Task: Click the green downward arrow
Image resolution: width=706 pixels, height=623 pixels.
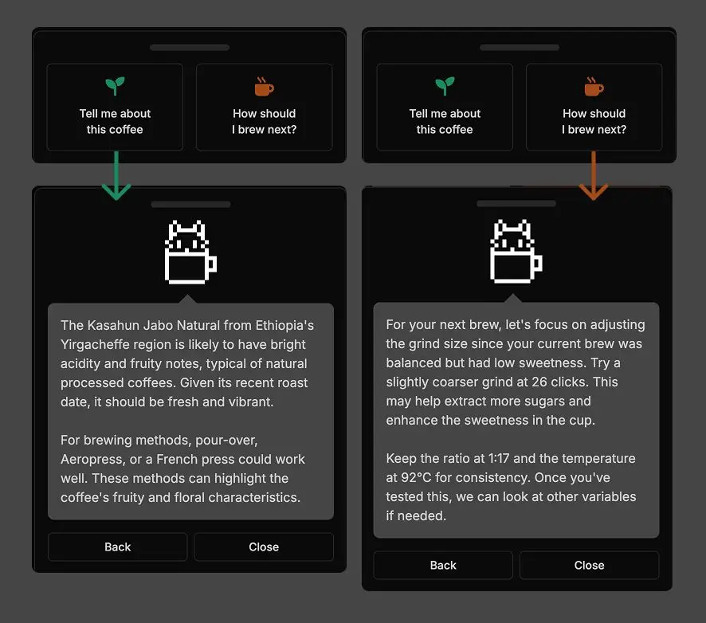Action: click(116, 178)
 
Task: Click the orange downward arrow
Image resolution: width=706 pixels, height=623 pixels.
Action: click(593, 178)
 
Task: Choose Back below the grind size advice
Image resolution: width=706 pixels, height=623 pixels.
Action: click(443, 565)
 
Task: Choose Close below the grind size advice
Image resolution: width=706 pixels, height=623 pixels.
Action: click(589, 565)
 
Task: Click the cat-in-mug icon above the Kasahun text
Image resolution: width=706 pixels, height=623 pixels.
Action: click(190, 253)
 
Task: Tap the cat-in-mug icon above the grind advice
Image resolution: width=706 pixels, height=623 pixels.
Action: click(515, 253)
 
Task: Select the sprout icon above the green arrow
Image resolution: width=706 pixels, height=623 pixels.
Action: click(115, 86)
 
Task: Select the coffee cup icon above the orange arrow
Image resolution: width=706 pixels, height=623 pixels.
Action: click(594, 86)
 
